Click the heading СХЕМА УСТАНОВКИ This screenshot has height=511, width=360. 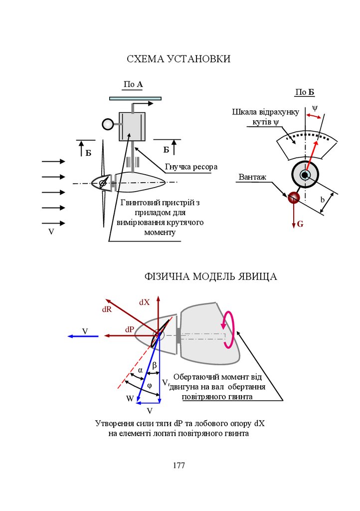coord(179,59)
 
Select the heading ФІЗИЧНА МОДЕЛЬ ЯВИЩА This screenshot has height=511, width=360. coord(210,276)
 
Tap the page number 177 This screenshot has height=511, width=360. coord(179,465)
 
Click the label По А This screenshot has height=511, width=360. coord(133,84)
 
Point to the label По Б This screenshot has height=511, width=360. coord(305,92)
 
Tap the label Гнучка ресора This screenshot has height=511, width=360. coord(191,167)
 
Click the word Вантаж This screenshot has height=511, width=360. coord(253,177)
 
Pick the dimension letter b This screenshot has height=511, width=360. coord(323,200)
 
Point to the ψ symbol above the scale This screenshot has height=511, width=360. coord(314,107)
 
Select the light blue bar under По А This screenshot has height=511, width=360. coord(135,98)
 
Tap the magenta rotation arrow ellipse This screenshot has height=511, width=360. coord(229,329)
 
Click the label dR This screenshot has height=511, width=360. coord(107,309)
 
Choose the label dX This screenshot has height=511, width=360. coord(144,302)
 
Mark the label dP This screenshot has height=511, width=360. coord(130,329)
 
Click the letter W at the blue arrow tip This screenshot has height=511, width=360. coord(130,398)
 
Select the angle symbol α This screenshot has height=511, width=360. coord(140,370)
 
